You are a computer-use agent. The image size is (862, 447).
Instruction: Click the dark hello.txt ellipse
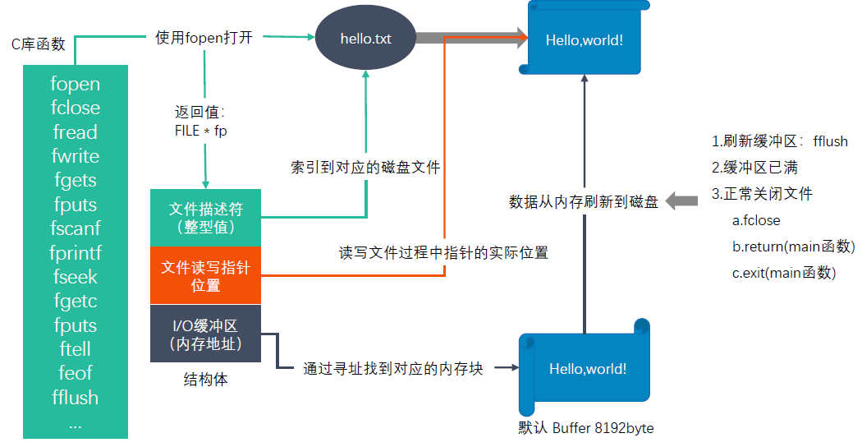coord(366,39)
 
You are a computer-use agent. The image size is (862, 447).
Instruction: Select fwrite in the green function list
coord(75,156)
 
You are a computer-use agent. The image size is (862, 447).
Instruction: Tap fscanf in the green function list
coord(75,228)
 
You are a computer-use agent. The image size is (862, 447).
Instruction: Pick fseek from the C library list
coord(75,277)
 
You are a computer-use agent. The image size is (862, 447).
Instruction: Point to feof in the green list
coord(75,373)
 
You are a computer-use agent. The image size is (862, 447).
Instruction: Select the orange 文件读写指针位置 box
coord(205,275)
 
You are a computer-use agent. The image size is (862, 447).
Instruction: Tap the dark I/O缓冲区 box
coord(205,334)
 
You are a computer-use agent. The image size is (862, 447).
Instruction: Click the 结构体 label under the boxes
coord(205,380)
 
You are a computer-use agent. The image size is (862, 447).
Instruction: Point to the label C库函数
coord(38,44)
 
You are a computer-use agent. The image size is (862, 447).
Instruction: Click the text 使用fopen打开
coord(204,38)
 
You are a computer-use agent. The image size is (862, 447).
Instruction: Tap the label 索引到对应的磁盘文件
coord(365,168)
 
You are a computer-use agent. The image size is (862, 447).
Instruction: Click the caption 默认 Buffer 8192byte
coord(585,428)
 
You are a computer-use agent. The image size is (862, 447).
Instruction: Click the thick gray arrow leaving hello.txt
coord(471,37)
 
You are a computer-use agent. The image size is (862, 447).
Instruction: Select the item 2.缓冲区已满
coord(755,168)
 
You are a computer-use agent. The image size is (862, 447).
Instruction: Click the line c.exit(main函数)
coord(784,273)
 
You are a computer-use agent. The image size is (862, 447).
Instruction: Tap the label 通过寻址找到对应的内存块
coord(393,369)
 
